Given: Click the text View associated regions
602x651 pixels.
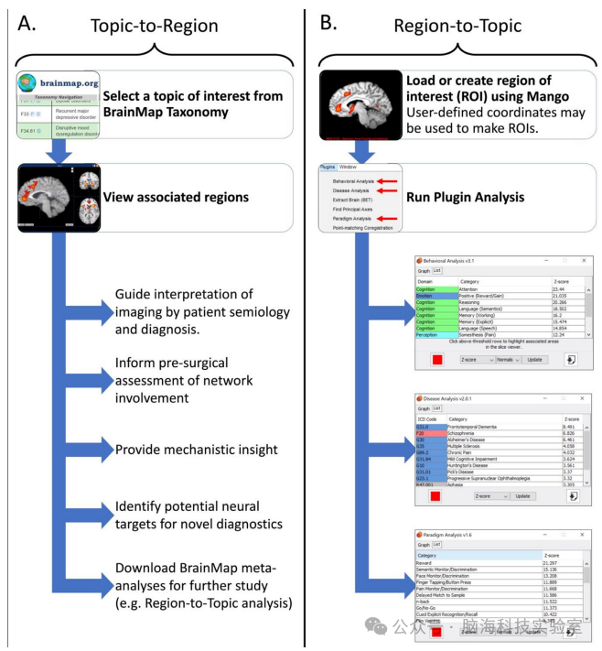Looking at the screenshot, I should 175,197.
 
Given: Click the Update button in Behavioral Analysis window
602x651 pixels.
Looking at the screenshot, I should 534,359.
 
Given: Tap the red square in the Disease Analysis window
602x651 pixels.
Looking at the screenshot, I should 436,495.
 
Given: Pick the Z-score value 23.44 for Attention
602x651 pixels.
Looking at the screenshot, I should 560,288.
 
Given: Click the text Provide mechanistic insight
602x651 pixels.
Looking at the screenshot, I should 197,450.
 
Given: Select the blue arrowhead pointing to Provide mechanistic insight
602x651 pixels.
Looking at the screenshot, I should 102,450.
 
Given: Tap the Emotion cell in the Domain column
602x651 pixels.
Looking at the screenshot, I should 426,296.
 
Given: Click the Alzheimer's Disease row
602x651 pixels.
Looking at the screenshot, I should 472,439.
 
